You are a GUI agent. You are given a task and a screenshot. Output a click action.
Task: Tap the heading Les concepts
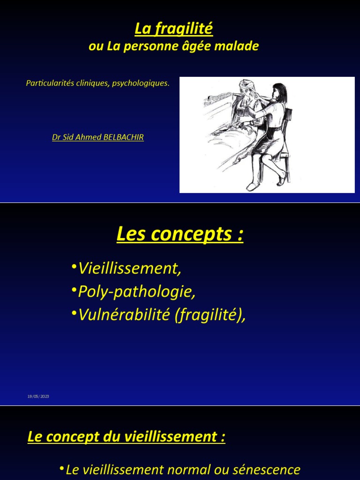tap(180, 234)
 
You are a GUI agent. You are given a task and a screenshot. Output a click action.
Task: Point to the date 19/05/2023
tap(38, 397)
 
